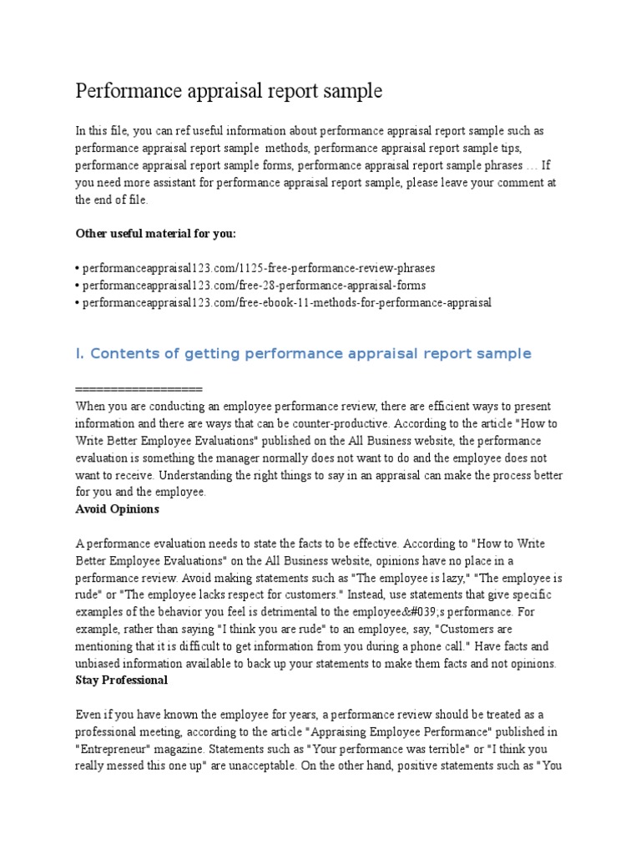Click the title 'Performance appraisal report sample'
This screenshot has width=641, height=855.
[229, 91]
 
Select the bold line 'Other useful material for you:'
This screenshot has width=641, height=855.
[161, 233]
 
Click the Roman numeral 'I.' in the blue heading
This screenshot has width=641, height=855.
[80, 354]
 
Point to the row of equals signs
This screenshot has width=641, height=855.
[139, 390]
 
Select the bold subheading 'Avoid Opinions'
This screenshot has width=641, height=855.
[117, 508]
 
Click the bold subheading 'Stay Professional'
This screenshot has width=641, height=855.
[122, 680]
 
